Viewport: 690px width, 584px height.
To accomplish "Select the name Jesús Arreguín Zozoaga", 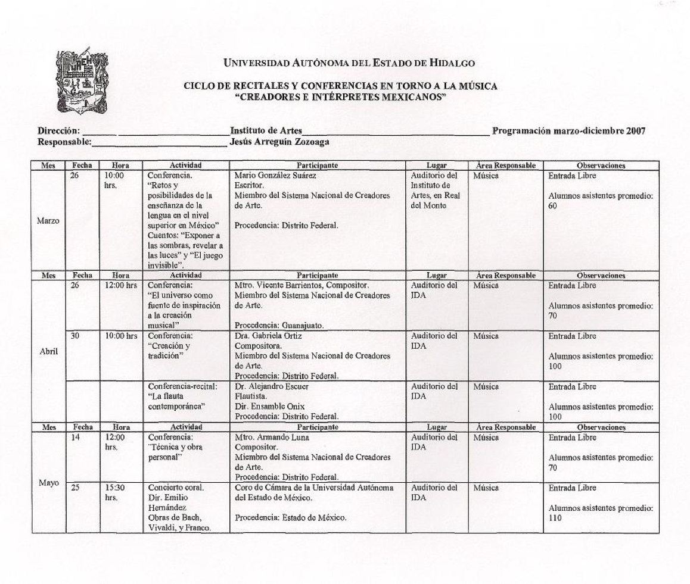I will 279,142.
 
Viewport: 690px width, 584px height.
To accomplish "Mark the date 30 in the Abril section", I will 75,336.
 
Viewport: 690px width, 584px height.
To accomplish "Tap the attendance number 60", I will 552,213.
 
